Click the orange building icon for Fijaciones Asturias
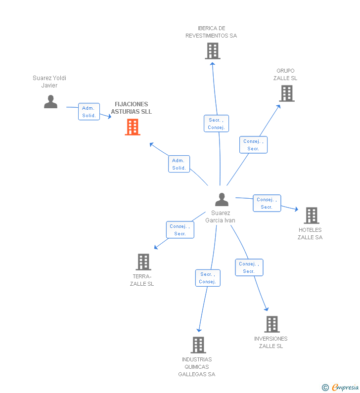(x=133, y=127)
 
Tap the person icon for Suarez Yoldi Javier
(x=50, y=101)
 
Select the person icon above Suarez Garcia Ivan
(x=222, y=200)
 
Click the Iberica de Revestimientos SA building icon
(x=213, y=51)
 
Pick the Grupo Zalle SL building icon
(x=287, y=93)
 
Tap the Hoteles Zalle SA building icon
(x=312, y=216)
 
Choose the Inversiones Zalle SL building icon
(x=272, y=324)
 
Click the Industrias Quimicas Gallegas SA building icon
(x=198, y=345)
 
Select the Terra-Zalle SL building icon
(x=143, y=262)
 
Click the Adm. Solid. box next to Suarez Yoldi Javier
(x=89, y=112)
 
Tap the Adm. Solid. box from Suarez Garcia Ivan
(x=179, y=164)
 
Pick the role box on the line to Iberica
(x=217, y=124)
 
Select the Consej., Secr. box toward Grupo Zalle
(x=254, y=145)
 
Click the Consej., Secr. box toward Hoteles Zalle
(x=267, y=203)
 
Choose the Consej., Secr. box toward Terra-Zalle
(x=180, y=230)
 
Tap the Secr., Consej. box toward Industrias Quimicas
(x=208, y=278)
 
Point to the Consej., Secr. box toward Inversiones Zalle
(x=249, y=267)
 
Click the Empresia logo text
(x=345, y=387)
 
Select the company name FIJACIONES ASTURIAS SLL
(x=132, y=108)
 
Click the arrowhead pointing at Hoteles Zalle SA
(x=296, y=209)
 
